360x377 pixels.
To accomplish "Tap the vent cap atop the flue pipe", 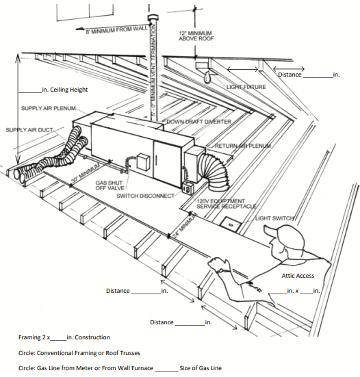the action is pyautogui.click(x=153, y=18).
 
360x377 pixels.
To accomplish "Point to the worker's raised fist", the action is pyautogui.click(x=217, y=263).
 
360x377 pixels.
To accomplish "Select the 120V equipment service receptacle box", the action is pyautogui.click(x=188, y=188).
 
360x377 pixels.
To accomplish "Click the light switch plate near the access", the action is pyautogui.click(x=231, y=224).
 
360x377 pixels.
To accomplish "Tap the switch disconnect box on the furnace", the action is pyautogui.click(x=143, y=162).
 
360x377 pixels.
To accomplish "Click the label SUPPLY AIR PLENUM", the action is pyautogui.click(x=49, y=108).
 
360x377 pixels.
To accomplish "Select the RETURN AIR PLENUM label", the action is pyautogui.click(x=243, y=146).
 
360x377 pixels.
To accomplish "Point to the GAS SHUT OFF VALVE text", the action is pyautogui.click(x=110, y=185).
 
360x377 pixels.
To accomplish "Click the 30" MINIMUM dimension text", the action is pyautogui.click(x=86, y=174).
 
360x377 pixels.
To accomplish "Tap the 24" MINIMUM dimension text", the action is pyautogui.click(x=185, y=225).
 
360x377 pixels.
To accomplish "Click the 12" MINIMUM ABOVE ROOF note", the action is pyautogui.click(x=196, y=36).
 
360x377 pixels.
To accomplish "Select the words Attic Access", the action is pyautogui.click(x=298, y=276).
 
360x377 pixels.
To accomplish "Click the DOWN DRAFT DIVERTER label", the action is pyautogui.click(x=199, y=122).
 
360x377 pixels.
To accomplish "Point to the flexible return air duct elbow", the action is pyautogui.click(x=215, y=170).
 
